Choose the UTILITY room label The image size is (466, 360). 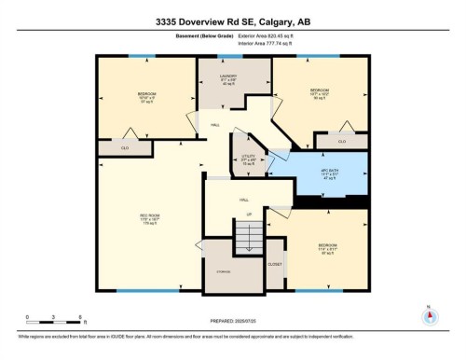coord(248,158)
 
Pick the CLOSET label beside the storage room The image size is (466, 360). coord(274,265)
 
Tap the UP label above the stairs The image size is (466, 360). coord(248,215)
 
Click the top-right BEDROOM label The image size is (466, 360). coord(319,91)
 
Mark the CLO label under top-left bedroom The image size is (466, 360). coord(125,147)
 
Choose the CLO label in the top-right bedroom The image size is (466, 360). coord(342,141)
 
